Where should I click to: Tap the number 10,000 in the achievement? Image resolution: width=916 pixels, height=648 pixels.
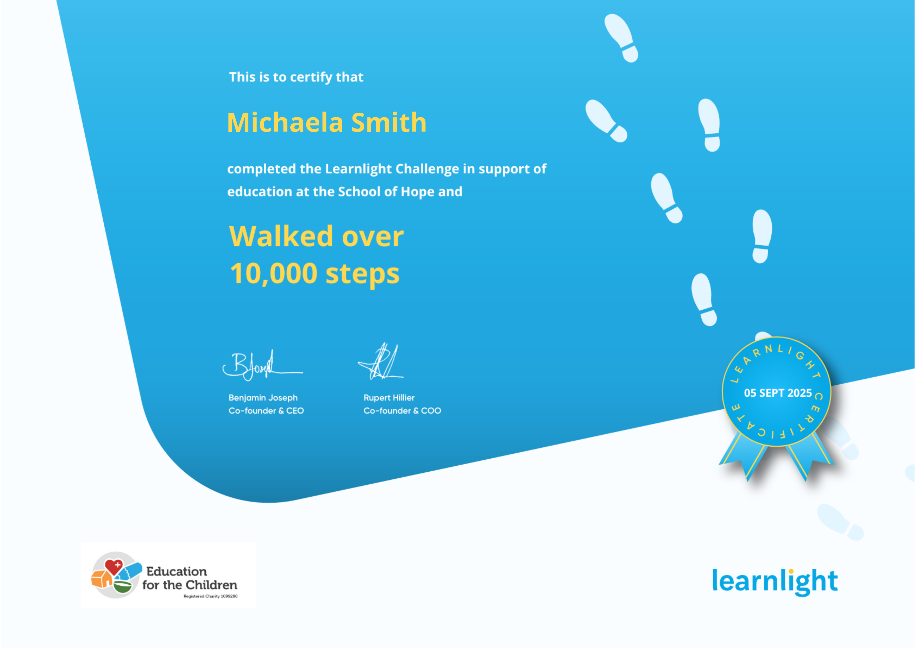[274, 274]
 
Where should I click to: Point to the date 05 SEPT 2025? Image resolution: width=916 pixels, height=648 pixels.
[778, 393]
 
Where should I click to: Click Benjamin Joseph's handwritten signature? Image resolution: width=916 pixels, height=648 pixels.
[262, 365]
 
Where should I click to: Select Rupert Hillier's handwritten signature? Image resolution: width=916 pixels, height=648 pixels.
[381, 362]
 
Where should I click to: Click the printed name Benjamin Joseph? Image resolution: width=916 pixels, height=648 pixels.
[263, 398]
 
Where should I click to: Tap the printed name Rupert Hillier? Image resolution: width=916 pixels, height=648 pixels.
[389, 398]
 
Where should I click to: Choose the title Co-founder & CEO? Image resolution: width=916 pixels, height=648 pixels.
[266, 410]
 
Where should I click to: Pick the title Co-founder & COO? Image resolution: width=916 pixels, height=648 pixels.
[402, 410]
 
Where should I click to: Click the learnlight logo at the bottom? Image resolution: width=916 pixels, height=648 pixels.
[775, 581]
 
